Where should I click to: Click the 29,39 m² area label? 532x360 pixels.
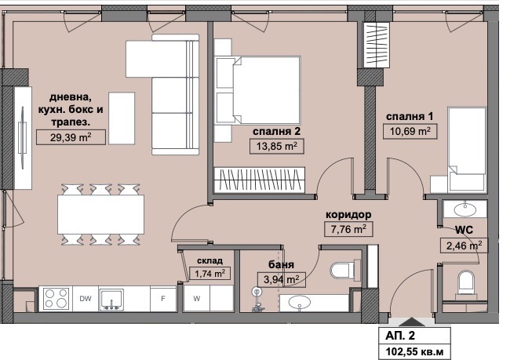[71, 137]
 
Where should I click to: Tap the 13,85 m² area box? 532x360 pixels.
[276, 147]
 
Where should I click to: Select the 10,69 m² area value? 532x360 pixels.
[410, 131]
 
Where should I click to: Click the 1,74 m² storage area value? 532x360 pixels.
[210, 273]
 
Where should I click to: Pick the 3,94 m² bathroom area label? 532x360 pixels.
[281, 280]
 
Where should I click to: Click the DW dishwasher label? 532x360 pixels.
[86, 299]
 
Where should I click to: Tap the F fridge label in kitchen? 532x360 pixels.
[163, 299]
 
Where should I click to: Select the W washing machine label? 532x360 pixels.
[196, 299]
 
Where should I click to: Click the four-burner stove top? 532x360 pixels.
[56, 299]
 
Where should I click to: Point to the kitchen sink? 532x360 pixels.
[111, 300]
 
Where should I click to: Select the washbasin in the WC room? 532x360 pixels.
[465, 209]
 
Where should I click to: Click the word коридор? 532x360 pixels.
[348, 215]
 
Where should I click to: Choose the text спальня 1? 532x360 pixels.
[410, 116]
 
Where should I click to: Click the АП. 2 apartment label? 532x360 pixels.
[400, 336]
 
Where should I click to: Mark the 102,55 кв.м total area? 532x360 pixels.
[414, 351]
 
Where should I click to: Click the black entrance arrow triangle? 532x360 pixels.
[411, 322]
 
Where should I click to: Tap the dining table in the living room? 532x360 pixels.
[100, 214]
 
